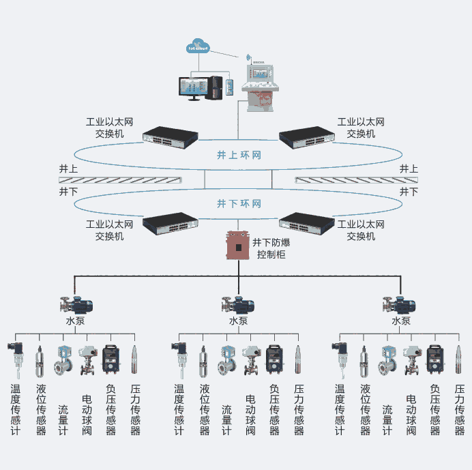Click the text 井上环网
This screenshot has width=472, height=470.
click(x=235, y=156)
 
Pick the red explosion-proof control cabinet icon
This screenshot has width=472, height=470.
click(x=238, y=246)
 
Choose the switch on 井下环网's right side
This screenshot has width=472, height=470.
click(x=306, y=222)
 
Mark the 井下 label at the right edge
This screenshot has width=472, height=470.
click(x=409, y=192)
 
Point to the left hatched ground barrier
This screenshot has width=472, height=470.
click(x=120, y=179)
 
